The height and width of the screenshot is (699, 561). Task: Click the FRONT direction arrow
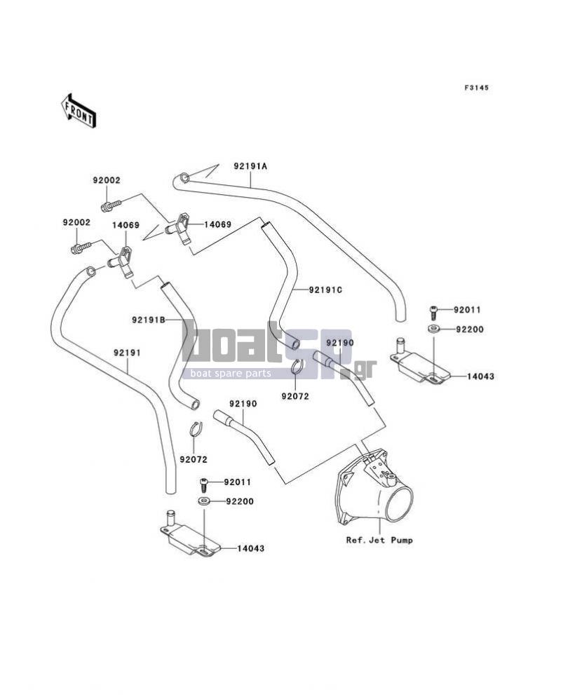click(79, 111)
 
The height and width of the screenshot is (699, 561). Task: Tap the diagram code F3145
click(477, 88)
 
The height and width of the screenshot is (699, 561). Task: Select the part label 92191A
click(250, 166)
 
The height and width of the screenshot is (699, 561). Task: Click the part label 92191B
click(149, 320)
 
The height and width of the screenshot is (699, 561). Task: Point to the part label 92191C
click(325, 290)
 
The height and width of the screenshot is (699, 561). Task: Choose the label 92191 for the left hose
click(127, 353)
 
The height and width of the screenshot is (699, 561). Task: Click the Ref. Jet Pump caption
click(379, 540)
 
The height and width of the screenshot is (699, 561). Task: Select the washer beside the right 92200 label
click(433, 330)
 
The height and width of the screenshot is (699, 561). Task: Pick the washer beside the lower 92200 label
click(204, 501)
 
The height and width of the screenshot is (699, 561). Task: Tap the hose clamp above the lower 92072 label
click(196, 429)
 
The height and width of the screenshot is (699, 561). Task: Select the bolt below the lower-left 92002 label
click(81, 247)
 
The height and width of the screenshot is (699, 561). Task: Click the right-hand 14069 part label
click(217, 224)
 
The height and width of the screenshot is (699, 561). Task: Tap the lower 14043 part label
click(250, 548)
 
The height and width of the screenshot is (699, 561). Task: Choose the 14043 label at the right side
click(481, 376)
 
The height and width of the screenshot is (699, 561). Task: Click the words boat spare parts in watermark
click(231, 373)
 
